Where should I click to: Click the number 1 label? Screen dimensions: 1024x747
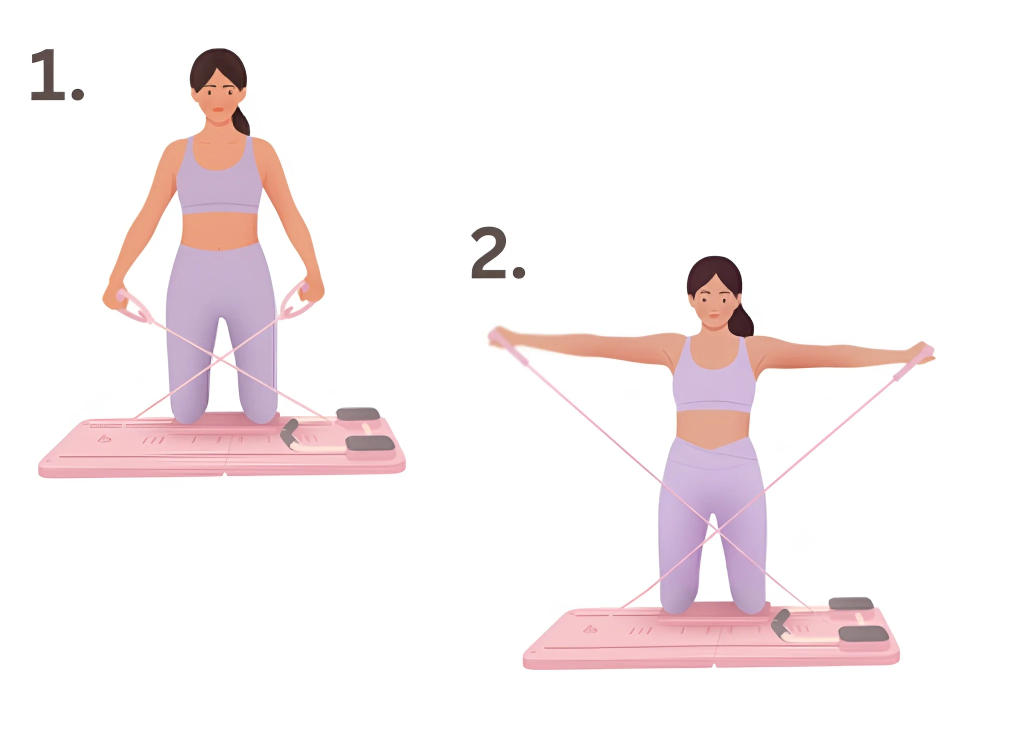56,75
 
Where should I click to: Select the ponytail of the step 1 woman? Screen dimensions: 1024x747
242,120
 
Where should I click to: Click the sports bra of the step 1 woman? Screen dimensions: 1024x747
218,177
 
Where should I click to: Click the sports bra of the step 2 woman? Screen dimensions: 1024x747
713,377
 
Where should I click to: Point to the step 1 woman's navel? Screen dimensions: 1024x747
218,247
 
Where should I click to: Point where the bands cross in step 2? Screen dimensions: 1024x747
716,531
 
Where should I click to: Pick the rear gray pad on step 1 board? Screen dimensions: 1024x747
358,414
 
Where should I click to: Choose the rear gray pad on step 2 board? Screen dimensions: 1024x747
851,604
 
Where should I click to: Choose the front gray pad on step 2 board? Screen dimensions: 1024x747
863,634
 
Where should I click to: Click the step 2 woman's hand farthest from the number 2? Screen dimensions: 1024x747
923,352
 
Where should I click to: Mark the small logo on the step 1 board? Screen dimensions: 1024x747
104,439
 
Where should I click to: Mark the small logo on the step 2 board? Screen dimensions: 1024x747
590,629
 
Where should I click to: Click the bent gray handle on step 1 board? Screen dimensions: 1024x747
289,434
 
